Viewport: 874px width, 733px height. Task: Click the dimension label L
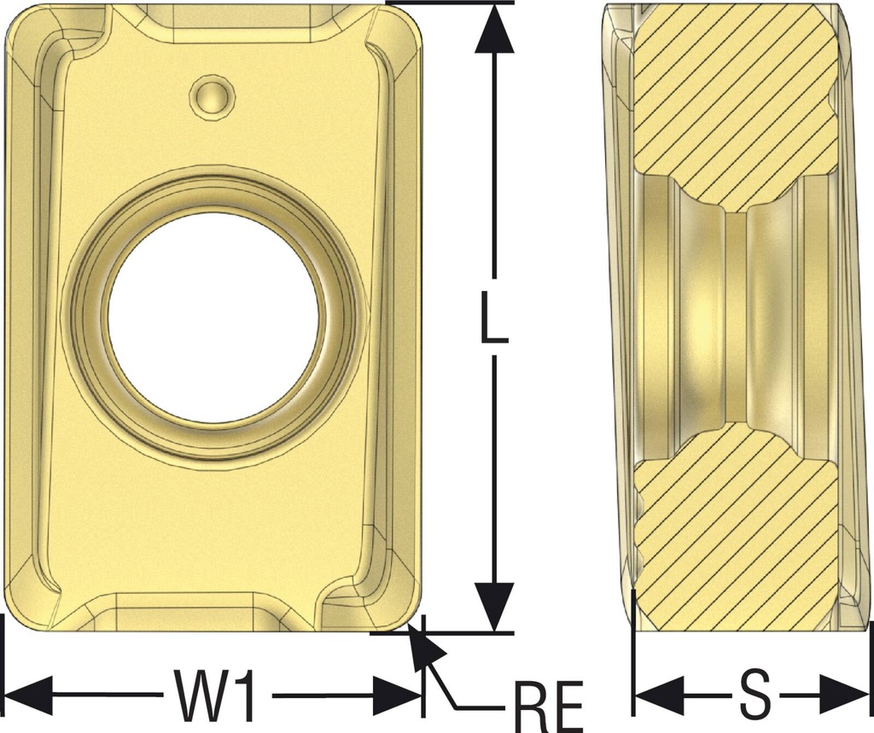point(494,317)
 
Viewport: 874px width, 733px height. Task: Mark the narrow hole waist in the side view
point(735,316)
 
